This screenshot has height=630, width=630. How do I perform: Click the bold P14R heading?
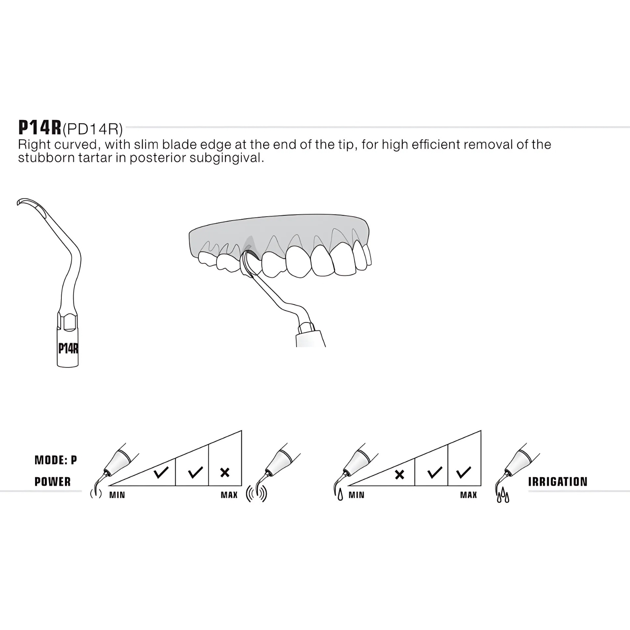pos(40,128)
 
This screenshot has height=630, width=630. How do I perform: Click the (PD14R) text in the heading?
pos(93,129)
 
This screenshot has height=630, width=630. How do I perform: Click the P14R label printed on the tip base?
pos(69,348)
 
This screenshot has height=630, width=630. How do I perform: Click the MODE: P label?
pos(56,460)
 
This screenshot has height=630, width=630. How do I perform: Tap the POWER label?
pos(53,482)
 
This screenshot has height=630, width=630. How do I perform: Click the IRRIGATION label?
pos(558,482)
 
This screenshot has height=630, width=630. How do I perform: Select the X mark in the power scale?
pos(225,472)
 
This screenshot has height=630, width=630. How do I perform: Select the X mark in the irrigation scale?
pos(399,474)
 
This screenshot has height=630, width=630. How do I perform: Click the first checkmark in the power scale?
pos(161,472)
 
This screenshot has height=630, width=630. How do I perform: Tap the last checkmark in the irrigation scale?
pos(463,472)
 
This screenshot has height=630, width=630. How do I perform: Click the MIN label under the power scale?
pos(117,495)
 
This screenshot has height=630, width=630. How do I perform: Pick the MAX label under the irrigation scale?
pos(469,495)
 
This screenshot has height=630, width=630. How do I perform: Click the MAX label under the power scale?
pos(229,495)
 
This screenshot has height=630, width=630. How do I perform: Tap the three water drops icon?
pos(503,495)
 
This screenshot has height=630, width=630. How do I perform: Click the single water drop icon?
pos(340,495)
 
